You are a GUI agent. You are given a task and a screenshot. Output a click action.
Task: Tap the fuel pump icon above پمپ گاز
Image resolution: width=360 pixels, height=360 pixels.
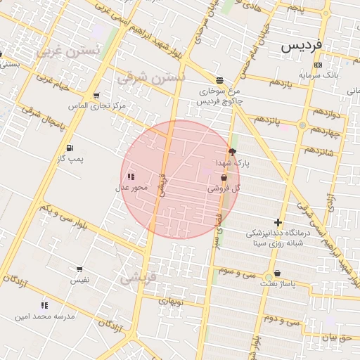pos(70,148)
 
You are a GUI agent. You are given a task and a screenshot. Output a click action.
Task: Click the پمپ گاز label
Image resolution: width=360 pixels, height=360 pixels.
pos(70,159)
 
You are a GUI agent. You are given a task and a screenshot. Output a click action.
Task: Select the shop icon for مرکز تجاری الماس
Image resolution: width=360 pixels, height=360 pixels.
pos(96,95)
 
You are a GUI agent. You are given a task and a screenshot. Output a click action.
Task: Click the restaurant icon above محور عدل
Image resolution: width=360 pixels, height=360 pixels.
pos(131,176)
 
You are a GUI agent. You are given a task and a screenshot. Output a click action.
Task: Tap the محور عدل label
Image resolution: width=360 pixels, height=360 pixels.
pos(131,188)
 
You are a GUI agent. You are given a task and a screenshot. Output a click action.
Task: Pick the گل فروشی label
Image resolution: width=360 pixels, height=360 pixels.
pos(224,189)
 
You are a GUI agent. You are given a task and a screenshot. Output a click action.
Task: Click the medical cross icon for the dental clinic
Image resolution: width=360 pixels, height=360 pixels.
pos(278,222)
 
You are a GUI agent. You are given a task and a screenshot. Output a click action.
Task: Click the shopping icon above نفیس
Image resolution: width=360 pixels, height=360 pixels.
pos(79,269)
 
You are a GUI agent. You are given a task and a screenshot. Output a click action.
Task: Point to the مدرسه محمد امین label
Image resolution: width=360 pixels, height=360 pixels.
pos(44,316)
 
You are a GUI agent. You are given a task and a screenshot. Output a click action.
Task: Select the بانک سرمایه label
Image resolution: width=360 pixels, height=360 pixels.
pos(318,75)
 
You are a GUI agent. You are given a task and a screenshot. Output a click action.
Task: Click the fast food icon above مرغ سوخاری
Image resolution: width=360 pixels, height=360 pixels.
pos(220,80)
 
